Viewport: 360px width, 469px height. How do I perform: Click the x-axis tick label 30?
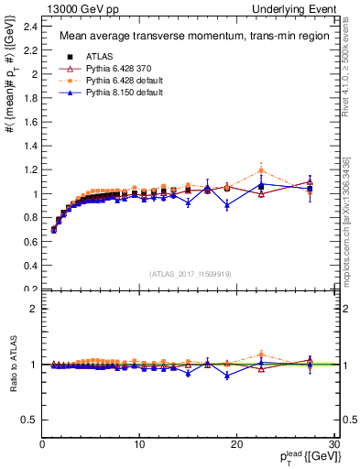334,444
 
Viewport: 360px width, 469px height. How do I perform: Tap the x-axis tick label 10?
139,444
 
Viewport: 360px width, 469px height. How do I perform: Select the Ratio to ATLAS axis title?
13,364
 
